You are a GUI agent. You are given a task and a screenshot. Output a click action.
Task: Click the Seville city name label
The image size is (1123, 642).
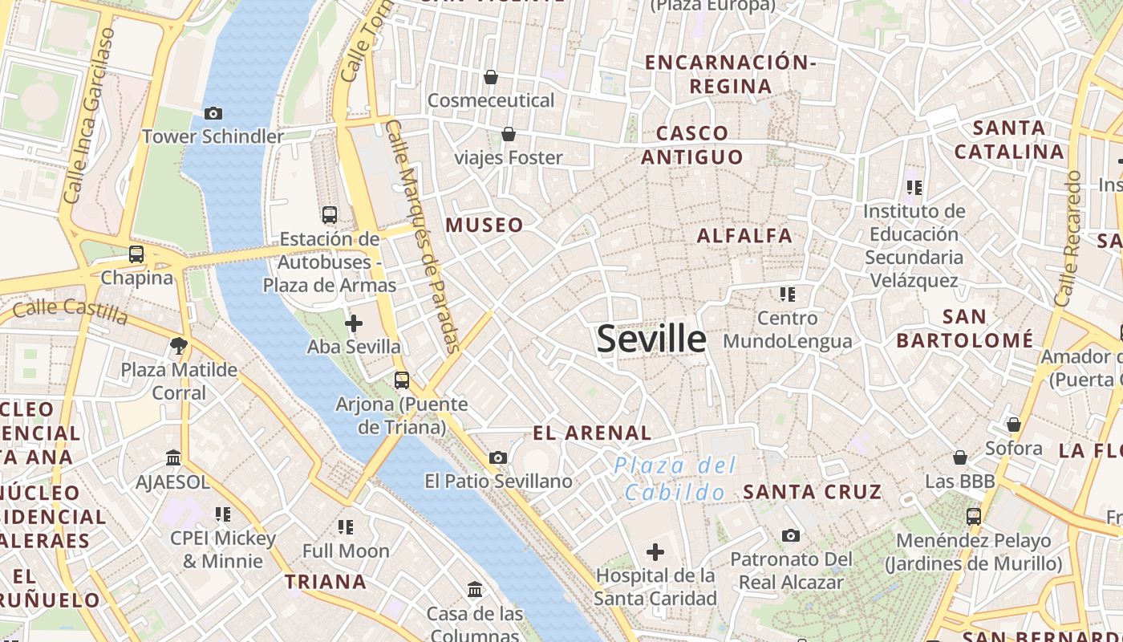pos(651,339)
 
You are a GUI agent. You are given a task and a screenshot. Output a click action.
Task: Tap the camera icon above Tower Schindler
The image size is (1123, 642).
pos(213,113)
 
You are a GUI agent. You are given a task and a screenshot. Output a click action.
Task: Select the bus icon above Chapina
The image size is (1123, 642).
pos(136,254)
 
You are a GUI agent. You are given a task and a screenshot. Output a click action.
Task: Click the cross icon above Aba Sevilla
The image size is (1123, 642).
pos(353,323)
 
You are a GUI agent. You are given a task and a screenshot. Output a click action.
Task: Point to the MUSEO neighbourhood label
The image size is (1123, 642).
pos(484,226)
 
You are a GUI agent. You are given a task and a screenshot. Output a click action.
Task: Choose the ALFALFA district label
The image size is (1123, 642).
pos(744,236)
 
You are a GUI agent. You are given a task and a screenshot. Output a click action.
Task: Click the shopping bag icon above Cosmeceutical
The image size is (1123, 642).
pos(491,77)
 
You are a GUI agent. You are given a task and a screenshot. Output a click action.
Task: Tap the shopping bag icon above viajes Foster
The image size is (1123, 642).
pos(508,134)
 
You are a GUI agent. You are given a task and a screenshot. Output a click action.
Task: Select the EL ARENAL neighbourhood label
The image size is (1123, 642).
pos(592,433)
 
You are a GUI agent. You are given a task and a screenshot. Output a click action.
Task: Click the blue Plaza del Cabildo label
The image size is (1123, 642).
pos(675,479)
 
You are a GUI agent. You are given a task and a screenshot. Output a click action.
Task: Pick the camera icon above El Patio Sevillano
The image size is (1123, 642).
pos(498,457)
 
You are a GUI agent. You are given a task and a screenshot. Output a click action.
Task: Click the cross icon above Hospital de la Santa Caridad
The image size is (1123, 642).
pos(655,552)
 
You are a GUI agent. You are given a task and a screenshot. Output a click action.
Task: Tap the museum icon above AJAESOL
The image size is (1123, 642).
pos(172,457)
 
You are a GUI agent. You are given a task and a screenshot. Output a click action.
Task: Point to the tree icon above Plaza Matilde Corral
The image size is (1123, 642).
pos(179,346)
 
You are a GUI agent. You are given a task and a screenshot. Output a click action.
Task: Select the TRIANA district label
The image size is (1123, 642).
pos(326,582)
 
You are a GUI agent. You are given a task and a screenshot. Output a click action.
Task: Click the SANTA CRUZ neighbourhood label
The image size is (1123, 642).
pos(812,491)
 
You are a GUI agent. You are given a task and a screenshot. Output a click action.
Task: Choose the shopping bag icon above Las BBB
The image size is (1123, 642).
pos(960,457)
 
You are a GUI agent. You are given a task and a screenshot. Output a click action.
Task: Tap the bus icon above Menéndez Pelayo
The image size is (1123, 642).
pos(973,516)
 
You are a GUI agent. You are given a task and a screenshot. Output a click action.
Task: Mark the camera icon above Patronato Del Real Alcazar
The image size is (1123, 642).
pos(791,535)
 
